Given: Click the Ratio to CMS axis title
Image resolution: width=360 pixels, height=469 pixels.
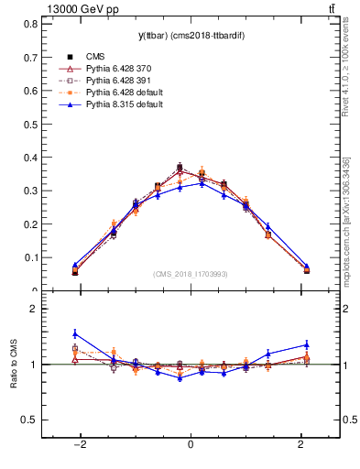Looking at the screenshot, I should pos(16,365).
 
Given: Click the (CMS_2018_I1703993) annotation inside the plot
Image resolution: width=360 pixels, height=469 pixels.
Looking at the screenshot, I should pos(189,274).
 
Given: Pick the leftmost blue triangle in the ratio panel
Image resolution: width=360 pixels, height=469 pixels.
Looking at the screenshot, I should pos(75,333).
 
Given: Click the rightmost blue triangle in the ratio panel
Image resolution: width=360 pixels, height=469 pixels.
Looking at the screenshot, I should pos(307,344).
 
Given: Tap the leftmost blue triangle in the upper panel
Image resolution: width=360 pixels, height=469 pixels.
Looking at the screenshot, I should pos(75,265).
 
